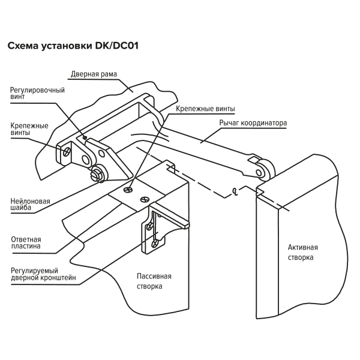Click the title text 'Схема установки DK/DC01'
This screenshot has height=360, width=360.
tap(73, 45)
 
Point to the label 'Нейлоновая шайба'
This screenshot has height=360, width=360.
tap(31, 205)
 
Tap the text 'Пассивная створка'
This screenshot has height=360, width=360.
tap(154, 281)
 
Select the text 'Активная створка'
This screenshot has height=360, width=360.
tap(302, 252)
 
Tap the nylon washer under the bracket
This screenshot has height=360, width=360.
tap(97, 174)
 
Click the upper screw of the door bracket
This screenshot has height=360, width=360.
tap(148, 226)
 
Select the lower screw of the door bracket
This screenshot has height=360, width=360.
tap(156, 242)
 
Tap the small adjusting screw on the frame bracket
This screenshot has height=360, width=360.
tap(85, 137)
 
